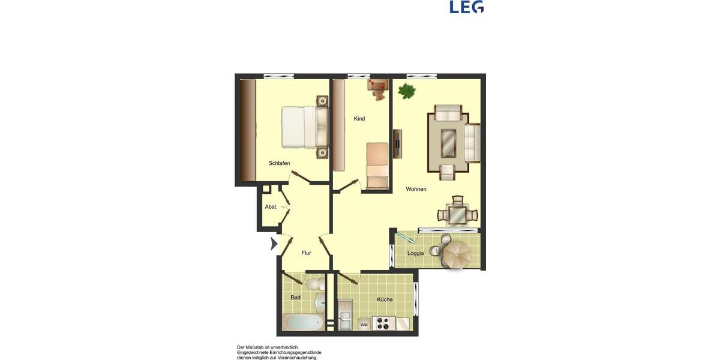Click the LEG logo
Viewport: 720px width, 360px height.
pos(466,7)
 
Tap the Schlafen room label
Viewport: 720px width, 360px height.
pos(280,163)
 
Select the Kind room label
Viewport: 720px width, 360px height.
pos(359,119)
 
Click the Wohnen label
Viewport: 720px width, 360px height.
pos(416,189)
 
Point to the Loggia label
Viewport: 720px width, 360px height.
pos(415,253)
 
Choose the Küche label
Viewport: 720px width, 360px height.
pos(385,299)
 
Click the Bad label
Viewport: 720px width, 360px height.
pos(295,298)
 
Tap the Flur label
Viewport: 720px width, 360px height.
pos(306,253)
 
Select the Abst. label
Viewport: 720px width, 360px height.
pos(271,207)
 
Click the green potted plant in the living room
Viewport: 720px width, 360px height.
pos(407,91)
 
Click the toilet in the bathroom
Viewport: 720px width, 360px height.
pos(313,283)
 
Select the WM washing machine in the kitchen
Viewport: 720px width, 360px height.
pos(364,325)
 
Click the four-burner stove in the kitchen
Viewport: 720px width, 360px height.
pos(383,323)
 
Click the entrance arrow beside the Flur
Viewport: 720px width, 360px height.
pos(274,244)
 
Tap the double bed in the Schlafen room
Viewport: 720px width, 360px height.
pos(300,127)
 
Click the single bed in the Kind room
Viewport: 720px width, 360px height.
pos(378,166)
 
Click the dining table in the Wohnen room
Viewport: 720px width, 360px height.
pos(458,214)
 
